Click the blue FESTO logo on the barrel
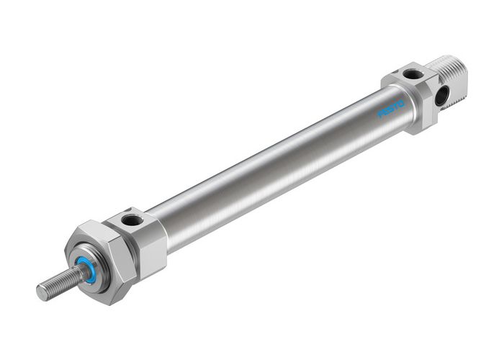coord(392,108)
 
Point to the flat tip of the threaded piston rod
coord(41,292)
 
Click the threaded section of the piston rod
coord(58,284)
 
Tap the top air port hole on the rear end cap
coord(412,73)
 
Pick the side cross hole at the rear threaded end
coord(441,94)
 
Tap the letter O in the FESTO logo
coord(402,104)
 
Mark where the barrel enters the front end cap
coord(166,229)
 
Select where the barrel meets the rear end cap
coord(403,101)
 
